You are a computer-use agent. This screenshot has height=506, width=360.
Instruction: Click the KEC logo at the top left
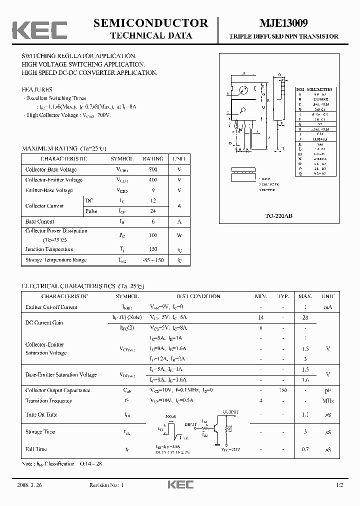tap(39, 30)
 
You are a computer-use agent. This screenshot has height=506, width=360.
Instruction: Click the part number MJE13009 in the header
tap(283, 23)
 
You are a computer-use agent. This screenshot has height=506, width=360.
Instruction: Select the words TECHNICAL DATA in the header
tap(150, 35)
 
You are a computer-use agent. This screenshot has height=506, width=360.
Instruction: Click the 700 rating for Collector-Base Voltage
tap(152, 169)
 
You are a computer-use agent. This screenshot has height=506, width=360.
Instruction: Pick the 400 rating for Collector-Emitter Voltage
tap(152, 180)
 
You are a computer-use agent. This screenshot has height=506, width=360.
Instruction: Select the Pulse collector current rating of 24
tap(152, 211)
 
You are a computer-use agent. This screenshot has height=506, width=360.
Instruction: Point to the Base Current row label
tap(39, 221)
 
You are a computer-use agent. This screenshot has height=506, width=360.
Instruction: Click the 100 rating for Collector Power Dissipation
tap(152, 235)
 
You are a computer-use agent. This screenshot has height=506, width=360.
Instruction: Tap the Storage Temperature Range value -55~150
tap(152, 260)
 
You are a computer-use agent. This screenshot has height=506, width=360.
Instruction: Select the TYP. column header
tap(283, 296)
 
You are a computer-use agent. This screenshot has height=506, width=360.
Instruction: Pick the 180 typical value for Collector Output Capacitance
tap(283, 390)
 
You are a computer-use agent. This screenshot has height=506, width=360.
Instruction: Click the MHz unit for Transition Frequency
tap(328, 400)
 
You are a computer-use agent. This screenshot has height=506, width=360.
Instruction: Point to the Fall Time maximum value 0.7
tap(305, 449)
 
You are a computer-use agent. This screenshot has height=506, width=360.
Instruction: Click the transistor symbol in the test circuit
tap(218, 428)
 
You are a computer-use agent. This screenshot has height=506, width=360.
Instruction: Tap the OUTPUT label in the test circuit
tap(230, 412)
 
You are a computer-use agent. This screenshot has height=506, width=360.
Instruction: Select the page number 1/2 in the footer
tap(340, 485)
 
